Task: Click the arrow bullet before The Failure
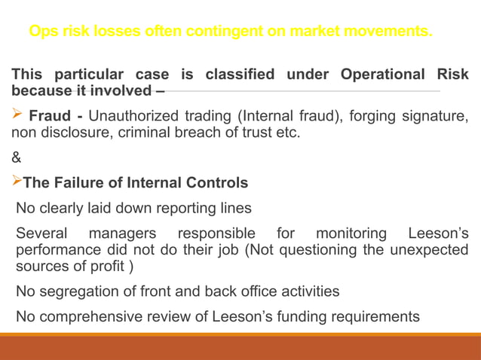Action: [x=17, y=182]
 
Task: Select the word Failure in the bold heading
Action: [x=81, y=183]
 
